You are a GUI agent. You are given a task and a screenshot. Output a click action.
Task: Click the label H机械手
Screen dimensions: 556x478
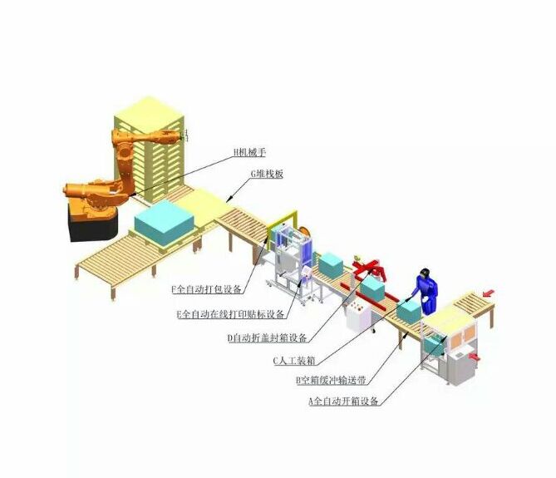tap(249, 152)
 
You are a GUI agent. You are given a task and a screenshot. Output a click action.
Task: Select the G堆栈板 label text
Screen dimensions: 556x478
tap(267, 174)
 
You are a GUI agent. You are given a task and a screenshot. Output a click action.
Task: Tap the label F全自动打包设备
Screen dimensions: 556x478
tap(207, 289)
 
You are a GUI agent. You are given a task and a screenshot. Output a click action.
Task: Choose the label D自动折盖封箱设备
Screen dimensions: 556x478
tap(268, 338)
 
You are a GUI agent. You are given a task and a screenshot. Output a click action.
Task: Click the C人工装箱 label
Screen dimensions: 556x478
tap(294, 361)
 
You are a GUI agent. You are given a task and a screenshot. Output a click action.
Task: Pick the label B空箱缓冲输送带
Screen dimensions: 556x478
tap(331, 381)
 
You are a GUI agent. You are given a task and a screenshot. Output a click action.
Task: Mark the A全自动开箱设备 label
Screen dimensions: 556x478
tap(343, 402)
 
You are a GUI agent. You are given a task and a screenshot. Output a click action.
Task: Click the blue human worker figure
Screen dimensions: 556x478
tap(427, 292)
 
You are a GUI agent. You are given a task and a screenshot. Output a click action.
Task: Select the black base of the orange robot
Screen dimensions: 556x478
tap(93, 224)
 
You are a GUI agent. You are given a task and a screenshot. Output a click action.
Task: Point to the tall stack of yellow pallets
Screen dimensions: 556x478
tap(150, 149)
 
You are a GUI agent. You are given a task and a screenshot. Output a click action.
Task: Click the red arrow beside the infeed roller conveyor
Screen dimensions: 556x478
tap(489, 293)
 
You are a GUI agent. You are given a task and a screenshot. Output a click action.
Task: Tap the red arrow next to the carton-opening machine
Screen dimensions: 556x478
tap(474, 357)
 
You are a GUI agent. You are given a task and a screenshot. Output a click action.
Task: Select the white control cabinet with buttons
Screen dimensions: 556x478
tap(358, 316)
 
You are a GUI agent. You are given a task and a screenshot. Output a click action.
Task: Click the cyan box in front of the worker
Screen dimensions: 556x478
tap(409, 311)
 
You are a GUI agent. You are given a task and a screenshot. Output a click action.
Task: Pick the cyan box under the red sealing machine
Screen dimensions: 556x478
tap(372, 288)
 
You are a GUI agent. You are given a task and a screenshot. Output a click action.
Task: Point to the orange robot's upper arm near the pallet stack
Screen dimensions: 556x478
tap(149, 136)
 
